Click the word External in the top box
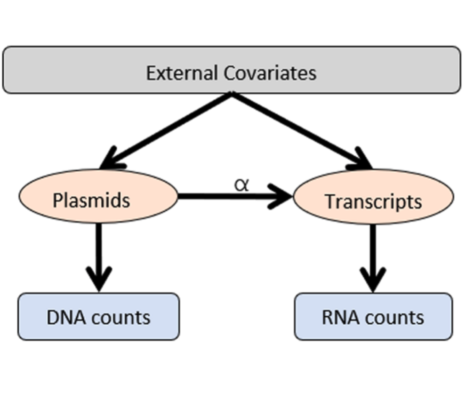coord(181,73)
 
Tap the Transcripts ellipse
coord(373,201)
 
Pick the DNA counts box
coord(98,317)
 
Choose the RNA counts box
coord(373,317)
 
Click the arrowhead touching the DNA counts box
coord(98,281)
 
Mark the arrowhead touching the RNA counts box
coord(373,281)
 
